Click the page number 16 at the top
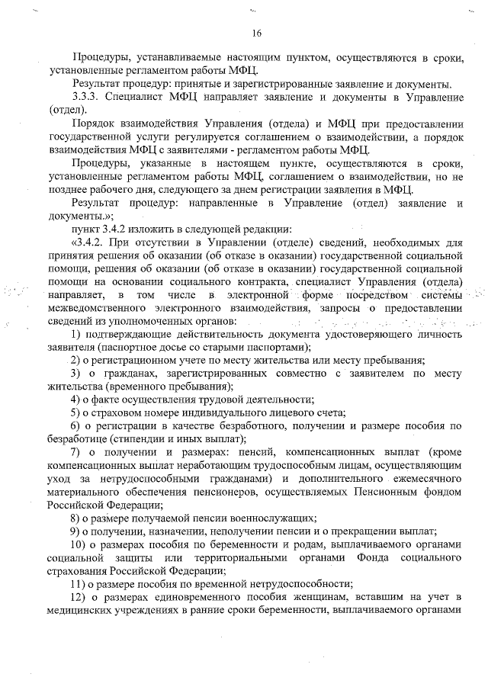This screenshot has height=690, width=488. tap(255, 32)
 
